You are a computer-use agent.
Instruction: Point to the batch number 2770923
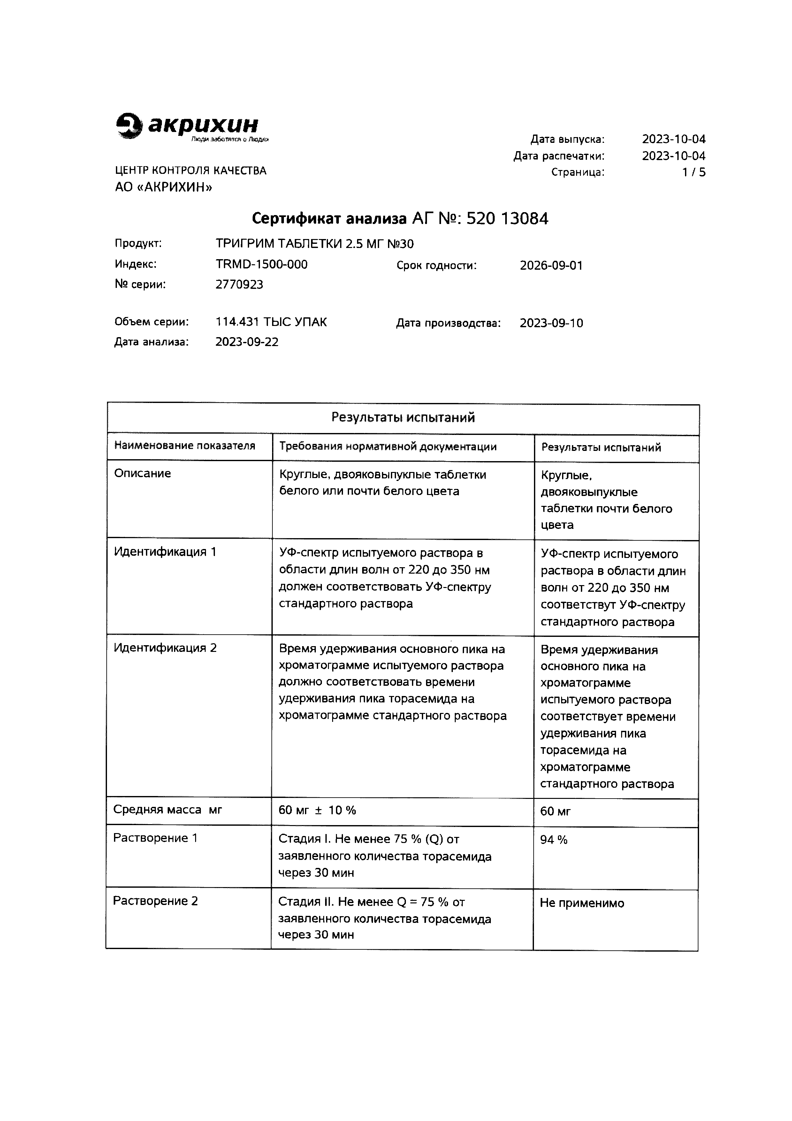coord(239,285)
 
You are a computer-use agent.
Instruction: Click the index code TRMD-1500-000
coord(262,265)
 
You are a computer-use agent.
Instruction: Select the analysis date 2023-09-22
coord(247,342)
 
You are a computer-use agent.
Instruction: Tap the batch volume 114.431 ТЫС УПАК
coord(271,322)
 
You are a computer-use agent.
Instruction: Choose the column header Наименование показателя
coord(185,446)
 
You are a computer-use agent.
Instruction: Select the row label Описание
coord(142,474)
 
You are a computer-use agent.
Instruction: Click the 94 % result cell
coord(553,840)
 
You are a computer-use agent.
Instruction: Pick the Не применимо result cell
coord(582,903)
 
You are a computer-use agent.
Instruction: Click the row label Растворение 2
coord(155,901)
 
